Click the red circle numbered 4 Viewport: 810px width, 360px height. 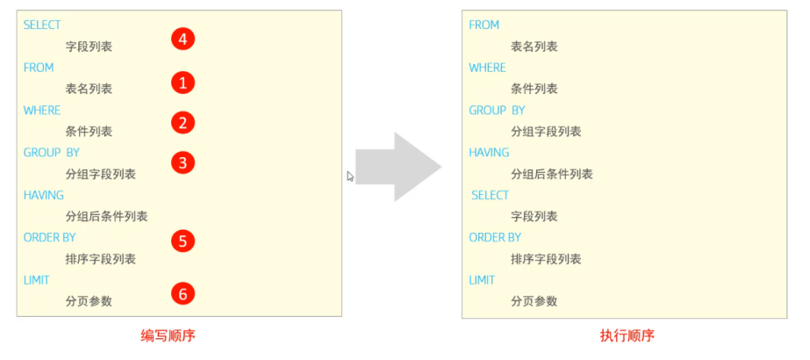(183, 39)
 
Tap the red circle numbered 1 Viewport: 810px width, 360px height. (183, 83)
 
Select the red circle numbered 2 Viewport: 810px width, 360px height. (183, 123)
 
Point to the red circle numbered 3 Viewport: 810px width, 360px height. (183, 163)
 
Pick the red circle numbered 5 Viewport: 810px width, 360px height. (183, 241)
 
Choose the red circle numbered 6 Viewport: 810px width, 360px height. (183, 294)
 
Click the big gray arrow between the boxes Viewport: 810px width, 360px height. (398, 167)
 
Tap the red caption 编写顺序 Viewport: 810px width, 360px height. (168, 336)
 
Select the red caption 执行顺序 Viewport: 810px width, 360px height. (627, 336)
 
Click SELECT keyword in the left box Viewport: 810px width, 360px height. (42, 25)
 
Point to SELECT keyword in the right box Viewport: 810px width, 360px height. (491, 195)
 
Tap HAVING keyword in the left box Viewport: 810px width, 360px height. (43, 195)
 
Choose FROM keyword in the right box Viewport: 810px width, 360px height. (484, 25)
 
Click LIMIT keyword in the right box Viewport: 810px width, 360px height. (482, 280)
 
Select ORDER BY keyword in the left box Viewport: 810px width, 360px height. (50, 238)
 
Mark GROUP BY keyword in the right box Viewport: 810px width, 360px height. (497, 111)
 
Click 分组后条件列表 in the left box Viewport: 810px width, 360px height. (107, 216)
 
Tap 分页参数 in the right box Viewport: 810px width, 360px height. (534, 301)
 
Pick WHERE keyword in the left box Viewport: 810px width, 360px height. (42, 111)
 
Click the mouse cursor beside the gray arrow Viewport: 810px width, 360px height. (350, 176)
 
